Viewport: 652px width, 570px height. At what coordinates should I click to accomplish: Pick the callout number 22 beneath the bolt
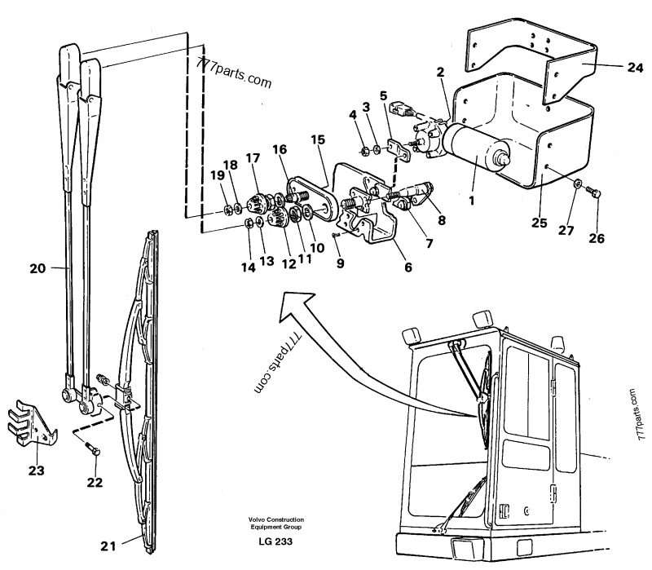click(x=95, y=483)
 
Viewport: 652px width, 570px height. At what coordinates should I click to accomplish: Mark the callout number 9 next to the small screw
click(x=341, y=263)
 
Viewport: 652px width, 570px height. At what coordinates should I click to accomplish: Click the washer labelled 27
click(x=577, y=184)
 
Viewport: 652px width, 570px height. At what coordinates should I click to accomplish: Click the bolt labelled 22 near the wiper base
click(x=91, y=449)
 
